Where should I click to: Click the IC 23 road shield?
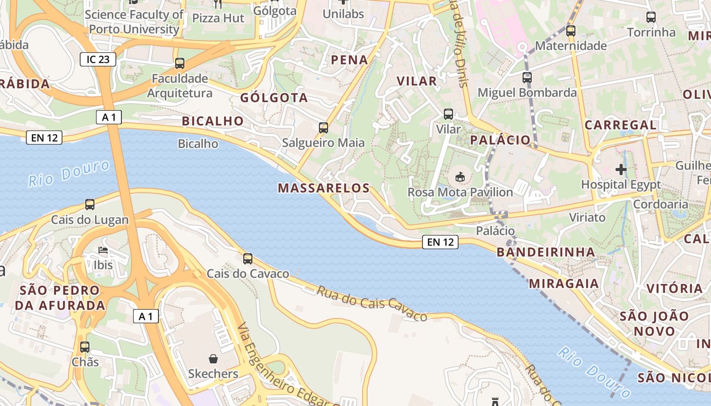click(x=98, y=59)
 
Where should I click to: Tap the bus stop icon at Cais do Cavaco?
click(x=248, y=259)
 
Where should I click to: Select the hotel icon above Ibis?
click(x=103, y=250)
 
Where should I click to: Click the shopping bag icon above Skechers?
click(x=213, y=359)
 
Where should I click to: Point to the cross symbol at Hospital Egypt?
click(x=621, y=170)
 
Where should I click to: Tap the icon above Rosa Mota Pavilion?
click(x=460, y=177)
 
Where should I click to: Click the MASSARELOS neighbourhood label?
click(x=324, y=188)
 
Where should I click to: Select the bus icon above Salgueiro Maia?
click(x=324, y=128)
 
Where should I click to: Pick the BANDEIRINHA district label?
click(x=545, y=252)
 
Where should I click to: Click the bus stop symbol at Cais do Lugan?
click(x=90, y=205)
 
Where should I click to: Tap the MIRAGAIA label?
click(x=564, y=284)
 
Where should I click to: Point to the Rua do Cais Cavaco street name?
click(x=372, y=303)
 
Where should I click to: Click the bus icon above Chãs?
click(x=85, y=347)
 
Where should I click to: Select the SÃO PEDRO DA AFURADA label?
click(x=60, y=298)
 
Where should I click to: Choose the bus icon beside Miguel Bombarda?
click(x=527, y=78)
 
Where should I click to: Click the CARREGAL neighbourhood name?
click(x=620, y=125)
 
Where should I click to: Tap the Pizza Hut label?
click(x=218, y=18)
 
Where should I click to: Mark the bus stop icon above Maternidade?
click(x=571, y=30)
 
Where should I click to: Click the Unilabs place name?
click(x=343, y=14)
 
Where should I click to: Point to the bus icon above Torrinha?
click(x=651, y=17)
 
